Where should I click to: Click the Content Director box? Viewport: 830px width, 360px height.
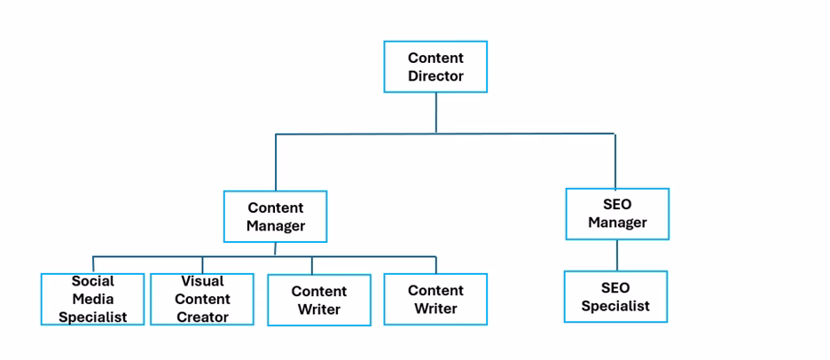(x=435, y=67)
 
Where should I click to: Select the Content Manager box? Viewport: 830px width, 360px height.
(x=275, y=216)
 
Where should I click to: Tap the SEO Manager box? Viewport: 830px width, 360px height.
(x=617, y=214)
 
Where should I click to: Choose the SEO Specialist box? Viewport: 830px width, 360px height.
(x=615, y=297)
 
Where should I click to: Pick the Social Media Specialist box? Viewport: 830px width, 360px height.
(x=92, y=299)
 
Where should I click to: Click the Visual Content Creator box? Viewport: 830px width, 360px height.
(x=202, y=299)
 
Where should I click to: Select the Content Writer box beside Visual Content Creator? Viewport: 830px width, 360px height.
(x=319, y=300)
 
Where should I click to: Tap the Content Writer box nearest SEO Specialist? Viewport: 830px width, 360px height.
(x=435, y=300)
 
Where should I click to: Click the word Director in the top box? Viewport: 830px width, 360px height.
(x=435, y=76)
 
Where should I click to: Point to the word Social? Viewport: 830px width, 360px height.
(x=93, y=281)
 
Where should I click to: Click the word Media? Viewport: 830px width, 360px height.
(x=93, y=299)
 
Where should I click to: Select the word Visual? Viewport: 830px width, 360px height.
(x=202, y=281)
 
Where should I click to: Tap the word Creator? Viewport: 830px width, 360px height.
(x=202, y=317)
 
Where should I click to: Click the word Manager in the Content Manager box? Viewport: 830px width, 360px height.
(x=275, y=225)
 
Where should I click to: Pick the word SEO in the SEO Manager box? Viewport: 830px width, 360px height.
(x=616, y=205)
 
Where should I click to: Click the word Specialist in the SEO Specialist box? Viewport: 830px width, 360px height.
(x=615, y=306)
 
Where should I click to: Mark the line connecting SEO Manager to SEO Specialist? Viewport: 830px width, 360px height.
(x=617, y=255)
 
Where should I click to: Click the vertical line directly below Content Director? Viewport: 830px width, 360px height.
(x=435, y=113)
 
